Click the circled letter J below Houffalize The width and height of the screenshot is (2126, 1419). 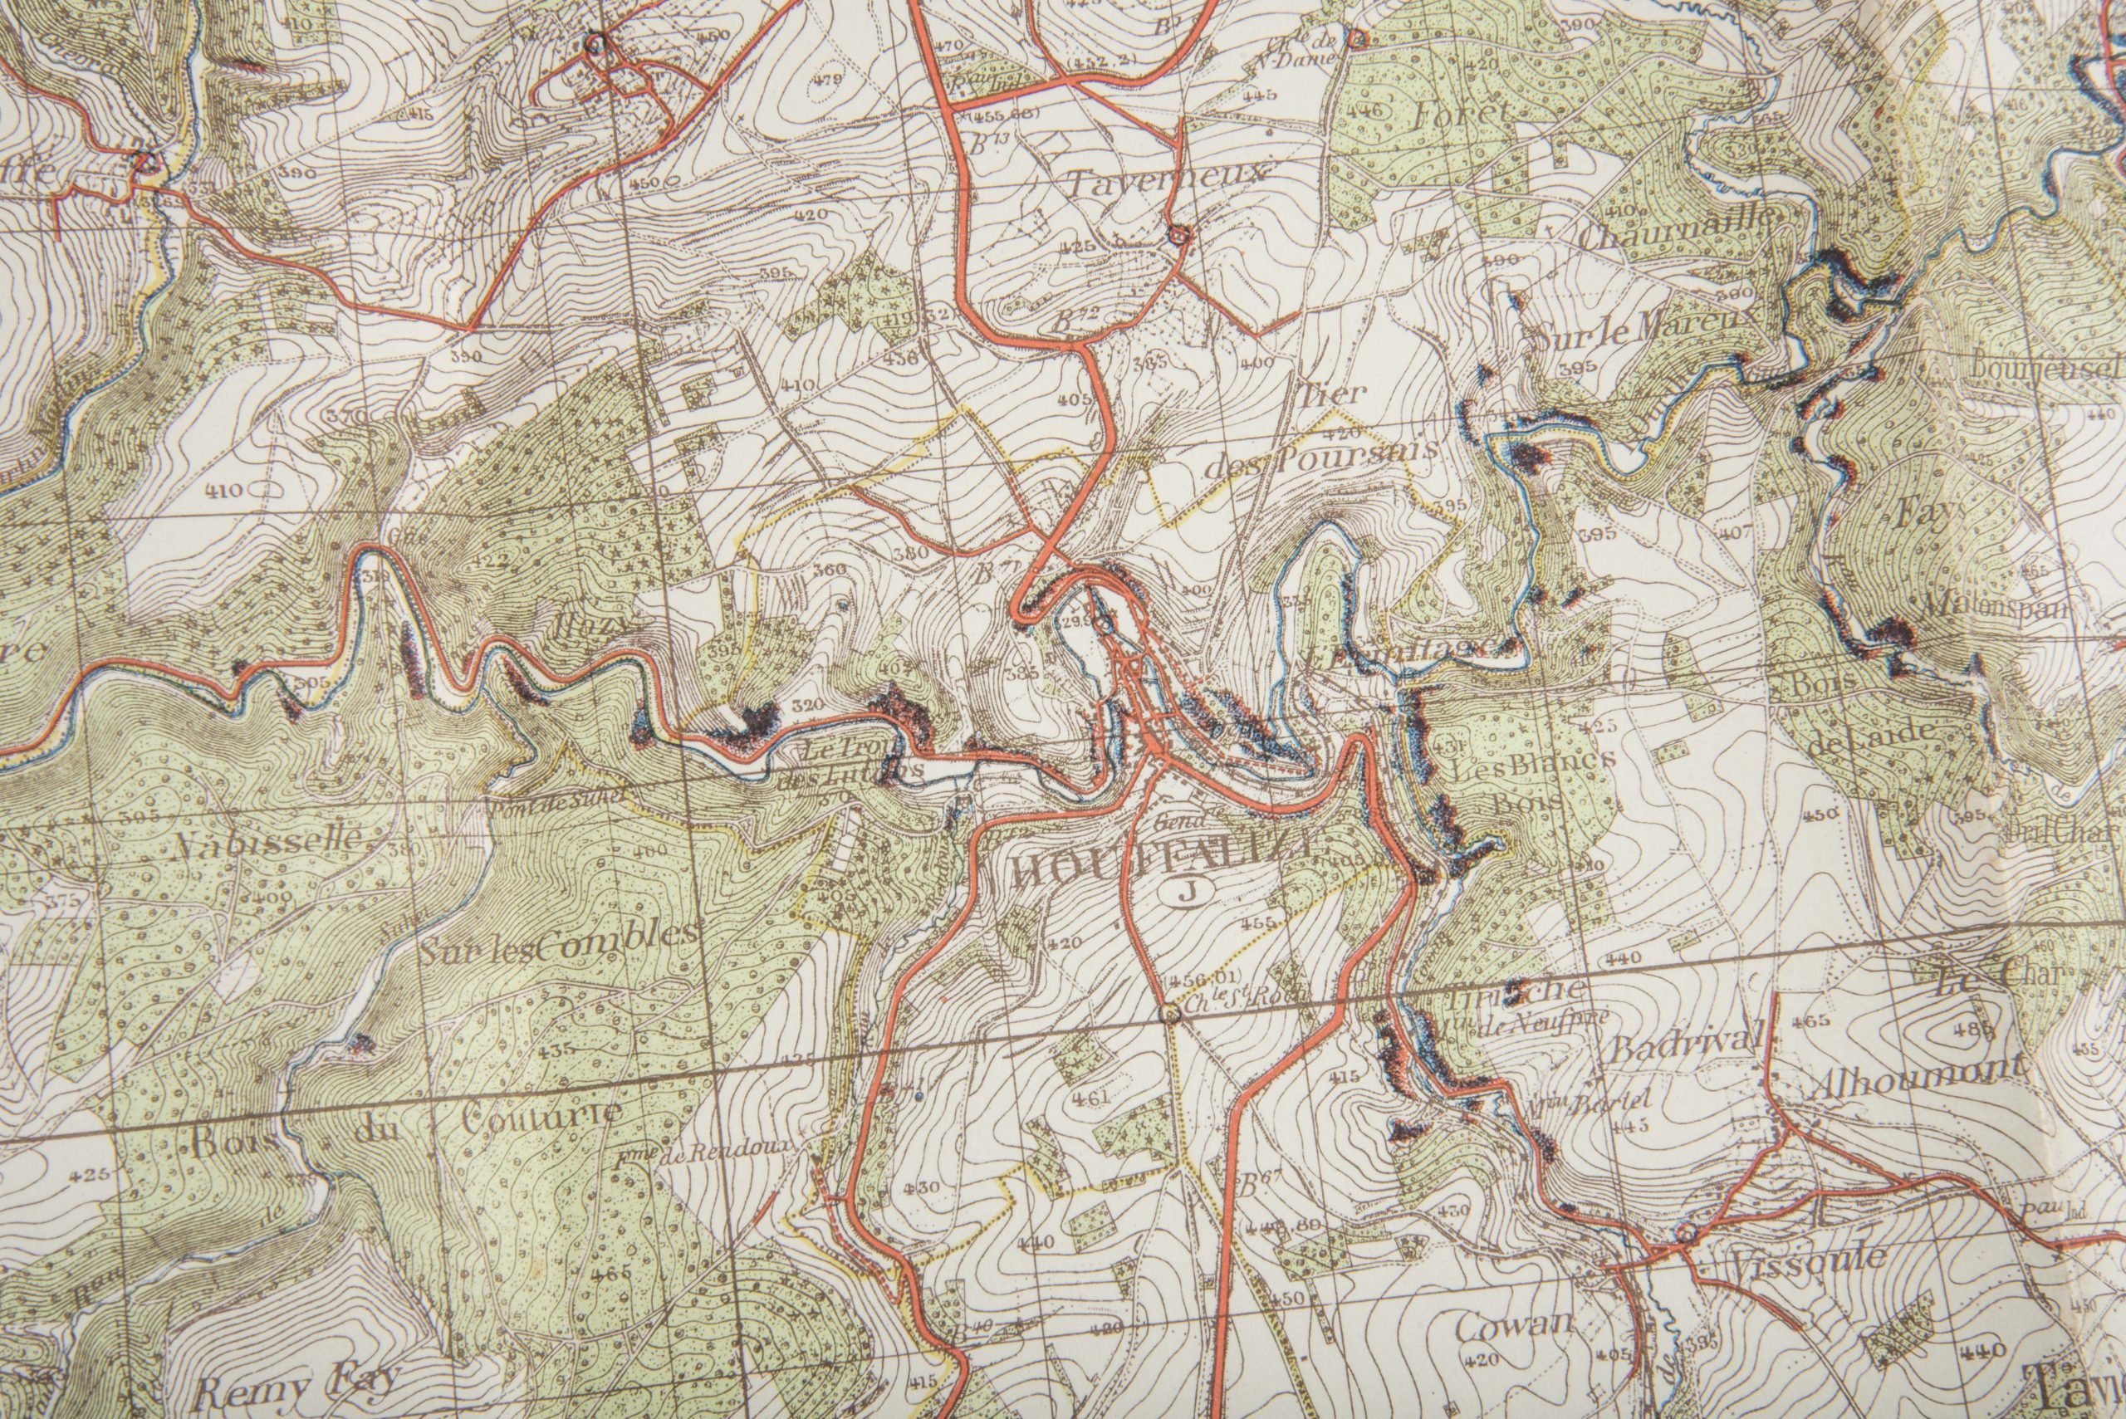1186,890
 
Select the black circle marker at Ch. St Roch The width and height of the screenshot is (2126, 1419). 1171,1015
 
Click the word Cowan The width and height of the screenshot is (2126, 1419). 1511,1327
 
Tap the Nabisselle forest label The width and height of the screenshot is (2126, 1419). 269,838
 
